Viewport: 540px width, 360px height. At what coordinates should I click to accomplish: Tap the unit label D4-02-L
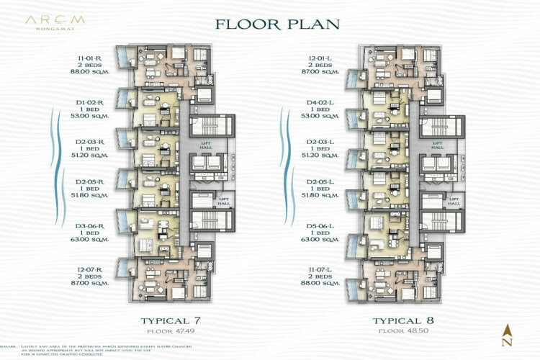click(x=320, y=103)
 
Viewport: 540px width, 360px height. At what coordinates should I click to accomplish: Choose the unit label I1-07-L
click(x=320, y=269)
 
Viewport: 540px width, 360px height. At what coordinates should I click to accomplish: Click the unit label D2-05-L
click(x=320, y=182)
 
